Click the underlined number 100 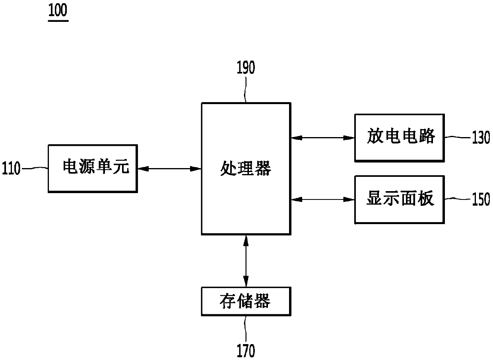(58, 11)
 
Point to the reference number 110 (11, 169)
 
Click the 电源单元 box (93, 168)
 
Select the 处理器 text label (245, 169)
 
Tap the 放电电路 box (399, 137)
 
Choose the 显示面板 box (399, 199)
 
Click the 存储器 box (245, 301)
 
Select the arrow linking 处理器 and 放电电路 (322, 138)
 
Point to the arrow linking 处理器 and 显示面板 (322, 199)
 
